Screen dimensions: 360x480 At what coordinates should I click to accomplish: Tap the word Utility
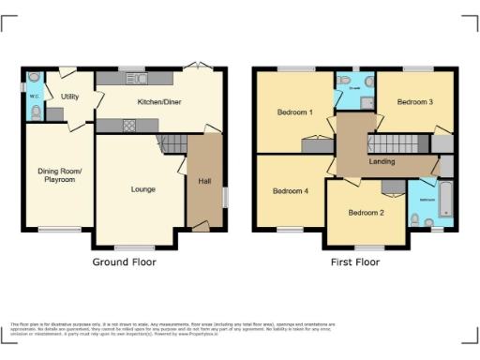point(70,96)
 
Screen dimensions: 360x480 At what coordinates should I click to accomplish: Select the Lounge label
point(142,189)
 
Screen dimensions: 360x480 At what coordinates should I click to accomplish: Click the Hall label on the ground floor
point(203,182)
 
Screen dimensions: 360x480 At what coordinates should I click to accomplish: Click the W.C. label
point(33,96)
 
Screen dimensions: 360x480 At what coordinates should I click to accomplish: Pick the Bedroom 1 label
point(293,112)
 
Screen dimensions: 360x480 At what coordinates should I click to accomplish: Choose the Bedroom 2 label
point(367,212)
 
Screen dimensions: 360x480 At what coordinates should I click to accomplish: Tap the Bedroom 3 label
point(413,102)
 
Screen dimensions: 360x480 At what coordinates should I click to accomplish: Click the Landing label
point(382,162)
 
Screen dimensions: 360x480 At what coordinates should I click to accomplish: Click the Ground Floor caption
point(124,262)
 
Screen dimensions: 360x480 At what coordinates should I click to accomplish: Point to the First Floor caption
point(355,262)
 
